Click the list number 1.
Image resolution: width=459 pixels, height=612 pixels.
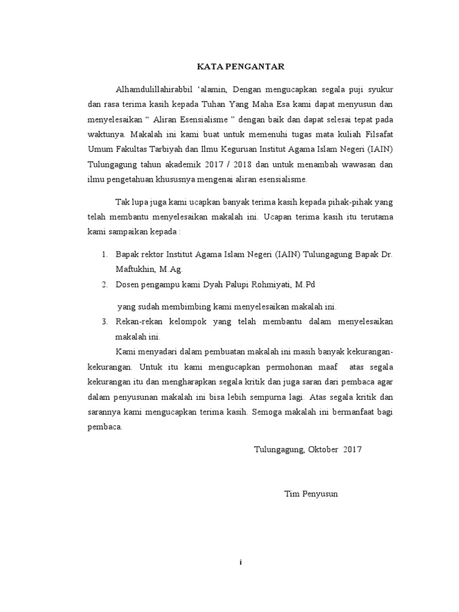click(105, 255)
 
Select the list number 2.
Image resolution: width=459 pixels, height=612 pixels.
click(105, 284)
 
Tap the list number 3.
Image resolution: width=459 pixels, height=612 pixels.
click(105, 322)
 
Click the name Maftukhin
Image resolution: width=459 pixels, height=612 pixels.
click(136, 270)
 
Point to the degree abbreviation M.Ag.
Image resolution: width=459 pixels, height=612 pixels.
click(172, 270)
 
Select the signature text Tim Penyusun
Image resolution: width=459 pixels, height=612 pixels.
click(311, 494)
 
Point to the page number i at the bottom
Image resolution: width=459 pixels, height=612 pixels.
click(240, 562)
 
